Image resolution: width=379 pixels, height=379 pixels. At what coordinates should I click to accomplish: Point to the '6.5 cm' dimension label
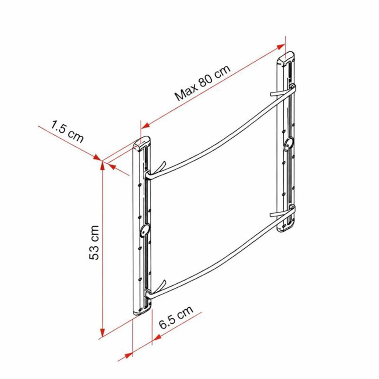point(177,318)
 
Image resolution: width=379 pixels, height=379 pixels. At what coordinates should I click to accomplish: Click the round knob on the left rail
point(144,230)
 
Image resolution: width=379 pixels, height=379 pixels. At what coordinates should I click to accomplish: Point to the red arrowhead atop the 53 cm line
point(102,165)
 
